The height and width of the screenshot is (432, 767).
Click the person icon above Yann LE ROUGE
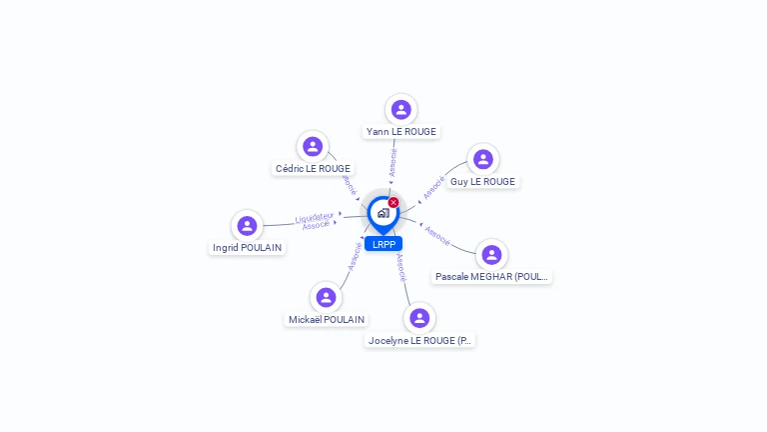(x=400, y=109)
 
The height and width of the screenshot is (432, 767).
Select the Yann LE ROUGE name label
(x=400, y=131)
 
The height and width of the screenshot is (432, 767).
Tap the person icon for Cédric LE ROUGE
(x=313, y=147)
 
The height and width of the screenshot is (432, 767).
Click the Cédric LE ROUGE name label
(x=313, y=169)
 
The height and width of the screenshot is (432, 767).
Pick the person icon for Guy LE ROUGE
(x=482, y=160)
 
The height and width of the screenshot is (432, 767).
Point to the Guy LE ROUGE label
(x=482, y=182)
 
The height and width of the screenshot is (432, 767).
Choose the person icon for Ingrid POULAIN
(x=247, y=226)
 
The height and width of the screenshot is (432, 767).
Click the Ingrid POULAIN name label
(x=247, y=248)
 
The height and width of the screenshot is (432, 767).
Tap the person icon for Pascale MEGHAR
(x=491, y=255)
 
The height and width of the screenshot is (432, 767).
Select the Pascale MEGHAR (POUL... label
(x=491, y=277)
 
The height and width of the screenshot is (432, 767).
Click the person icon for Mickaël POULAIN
(x=326, y=298)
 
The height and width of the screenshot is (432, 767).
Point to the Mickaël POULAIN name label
(x=326, y=320)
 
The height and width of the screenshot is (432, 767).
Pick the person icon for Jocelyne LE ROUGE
(x=419, y=318)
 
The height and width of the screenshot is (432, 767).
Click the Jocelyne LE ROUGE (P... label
(x=419, y=340)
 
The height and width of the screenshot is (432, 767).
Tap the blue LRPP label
(x=383, y=244)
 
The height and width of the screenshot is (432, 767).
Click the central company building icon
(x=383, y=213)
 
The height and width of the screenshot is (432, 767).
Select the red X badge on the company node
(x=393, y=202)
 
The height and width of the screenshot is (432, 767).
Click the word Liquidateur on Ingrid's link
(x=315, y=217)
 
